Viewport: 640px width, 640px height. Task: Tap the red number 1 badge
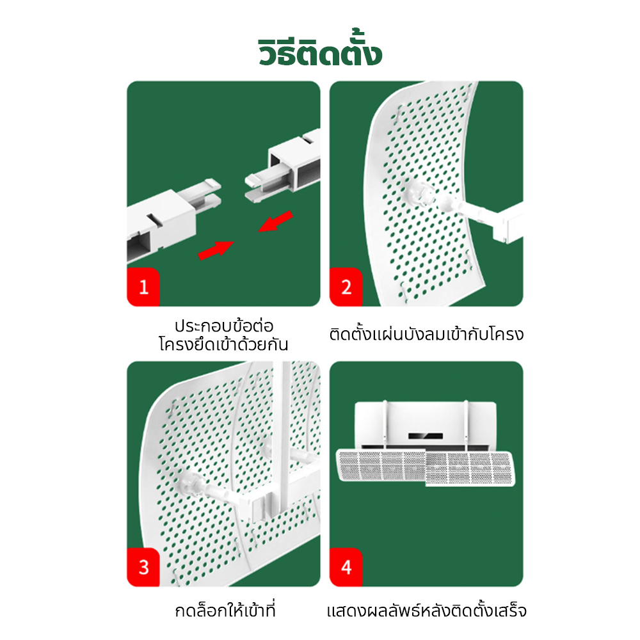click(143, 287)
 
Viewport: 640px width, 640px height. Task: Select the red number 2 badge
click(346, 287)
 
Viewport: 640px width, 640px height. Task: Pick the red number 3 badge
click(143, 567)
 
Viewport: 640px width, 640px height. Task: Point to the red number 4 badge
click(346, 567)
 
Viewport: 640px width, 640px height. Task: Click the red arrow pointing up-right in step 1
click(216, 250)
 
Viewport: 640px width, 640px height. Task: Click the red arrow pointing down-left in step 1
click(275, 221)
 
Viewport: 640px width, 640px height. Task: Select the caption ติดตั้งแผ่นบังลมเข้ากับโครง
click(426, 334)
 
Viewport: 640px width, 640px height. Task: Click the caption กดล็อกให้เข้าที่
click(225, 610)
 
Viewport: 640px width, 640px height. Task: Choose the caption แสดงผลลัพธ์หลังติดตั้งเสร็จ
click(426, 611)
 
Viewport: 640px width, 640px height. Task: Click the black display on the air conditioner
click(426, 436)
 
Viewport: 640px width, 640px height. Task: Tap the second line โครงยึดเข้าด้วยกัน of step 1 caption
click(223, 344)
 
